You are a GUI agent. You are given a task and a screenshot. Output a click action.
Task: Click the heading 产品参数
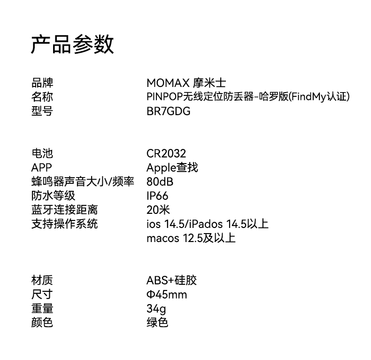point(72,45)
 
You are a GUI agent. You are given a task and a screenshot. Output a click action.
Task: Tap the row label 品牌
point(42,83)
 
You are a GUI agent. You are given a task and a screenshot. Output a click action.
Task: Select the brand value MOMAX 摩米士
point(186,83)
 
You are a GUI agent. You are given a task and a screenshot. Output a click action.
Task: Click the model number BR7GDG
point(168,111)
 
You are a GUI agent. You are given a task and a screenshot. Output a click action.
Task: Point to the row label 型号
point(42,111)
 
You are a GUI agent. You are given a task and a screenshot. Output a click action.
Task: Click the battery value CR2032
point(166,153)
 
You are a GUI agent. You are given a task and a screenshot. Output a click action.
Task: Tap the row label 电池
point(42,153)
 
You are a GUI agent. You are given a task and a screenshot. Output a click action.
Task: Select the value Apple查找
point(172,167)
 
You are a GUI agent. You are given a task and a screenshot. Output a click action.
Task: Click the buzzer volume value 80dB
point(160,181)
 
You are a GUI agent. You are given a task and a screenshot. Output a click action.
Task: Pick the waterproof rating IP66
point(157,196)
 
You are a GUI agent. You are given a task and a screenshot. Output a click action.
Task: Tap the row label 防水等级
point(53,196)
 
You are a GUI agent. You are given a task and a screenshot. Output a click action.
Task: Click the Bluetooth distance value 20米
point(158,210)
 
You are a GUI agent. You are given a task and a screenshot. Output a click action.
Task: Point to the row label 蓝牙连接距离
point(64,210)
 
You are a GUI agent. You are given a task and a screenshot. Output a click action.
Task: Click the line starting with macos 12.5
point(191,238)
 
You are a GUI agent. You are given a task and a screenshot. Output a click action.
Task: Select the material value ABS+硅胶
point(171,281)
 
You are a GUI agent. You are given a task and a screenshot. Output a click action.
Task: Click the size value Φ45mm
point(167,295)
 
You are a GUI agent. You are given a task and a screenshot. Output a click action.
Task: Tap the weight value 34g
point(156,309)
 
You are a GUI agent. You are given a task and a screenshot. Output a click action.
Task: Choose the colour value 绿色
point(157,323)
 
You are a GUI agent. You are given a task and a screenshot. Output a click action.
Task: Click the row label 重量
point(42,309)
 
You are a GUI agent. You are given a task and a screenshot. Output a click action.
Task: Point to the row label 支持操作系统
point(64,224)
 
